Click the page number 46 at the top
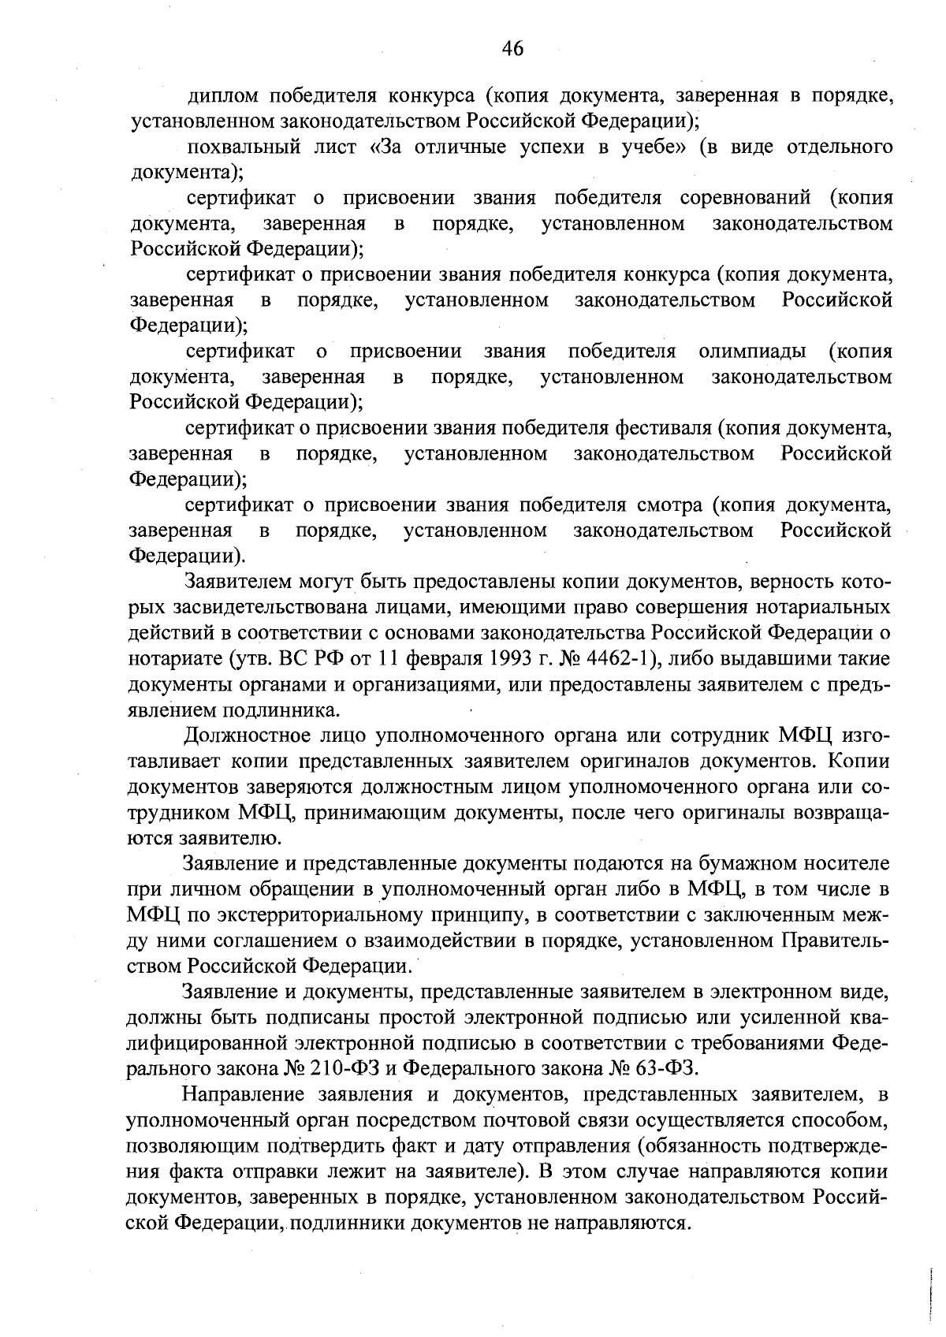[x=512, y=49]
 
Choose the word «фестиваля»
[x=662, y=428]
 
